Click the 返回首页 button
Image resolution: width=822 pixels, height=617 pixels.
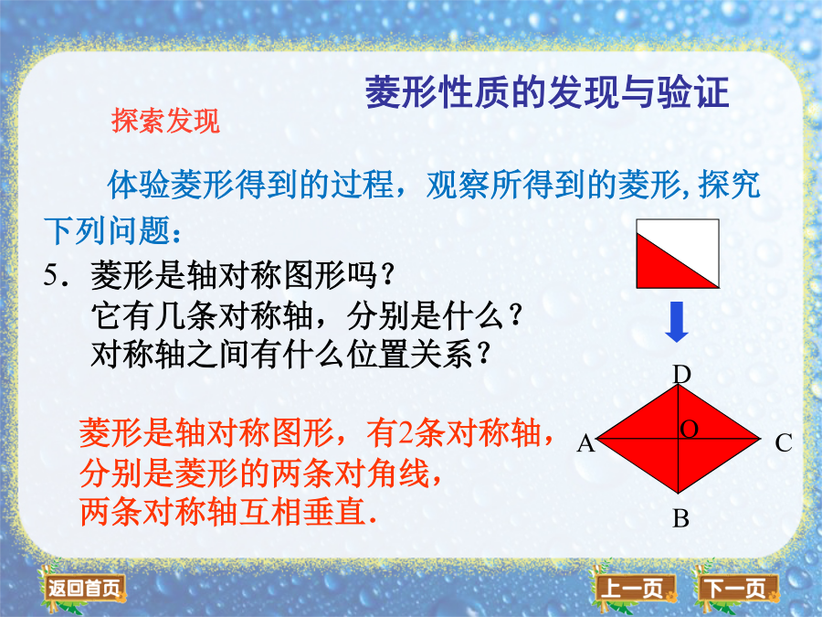[84, 589]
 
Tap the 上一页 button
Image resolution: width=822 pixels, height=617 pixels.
[635, 589]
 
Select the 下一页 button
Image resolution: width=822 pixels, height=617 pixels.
[736, 589]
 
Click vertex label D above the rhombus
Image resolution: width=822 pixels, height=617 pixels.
[681, 375]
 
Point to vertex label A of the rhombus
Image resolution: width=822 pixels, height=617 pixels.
[586, 444]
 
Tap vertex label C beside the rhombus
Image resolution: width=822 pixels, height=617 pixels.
[784, 444]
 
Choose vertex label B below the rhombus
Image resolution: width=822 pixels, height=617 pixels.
[680, 519]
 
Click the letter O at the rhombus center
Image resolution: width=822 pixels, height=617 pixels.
[689, 430]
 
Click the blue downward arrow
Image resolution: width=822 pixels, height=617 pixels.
[677, 322]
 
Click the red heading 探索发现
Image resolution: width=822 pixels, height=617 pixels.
[165, 121]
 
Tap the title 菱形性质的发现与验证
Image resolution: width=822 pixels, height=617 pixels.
[547, 91]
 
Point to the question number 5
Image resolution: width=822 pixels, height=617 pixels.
[51, 275]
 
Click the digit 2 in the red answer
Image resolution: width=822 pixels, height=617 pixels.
[406, 434]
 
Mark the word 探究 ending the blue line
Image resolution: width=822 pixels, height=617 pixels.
[729, 185]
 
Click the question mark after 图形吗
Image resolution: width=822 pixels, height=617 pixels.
[389, 274]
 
